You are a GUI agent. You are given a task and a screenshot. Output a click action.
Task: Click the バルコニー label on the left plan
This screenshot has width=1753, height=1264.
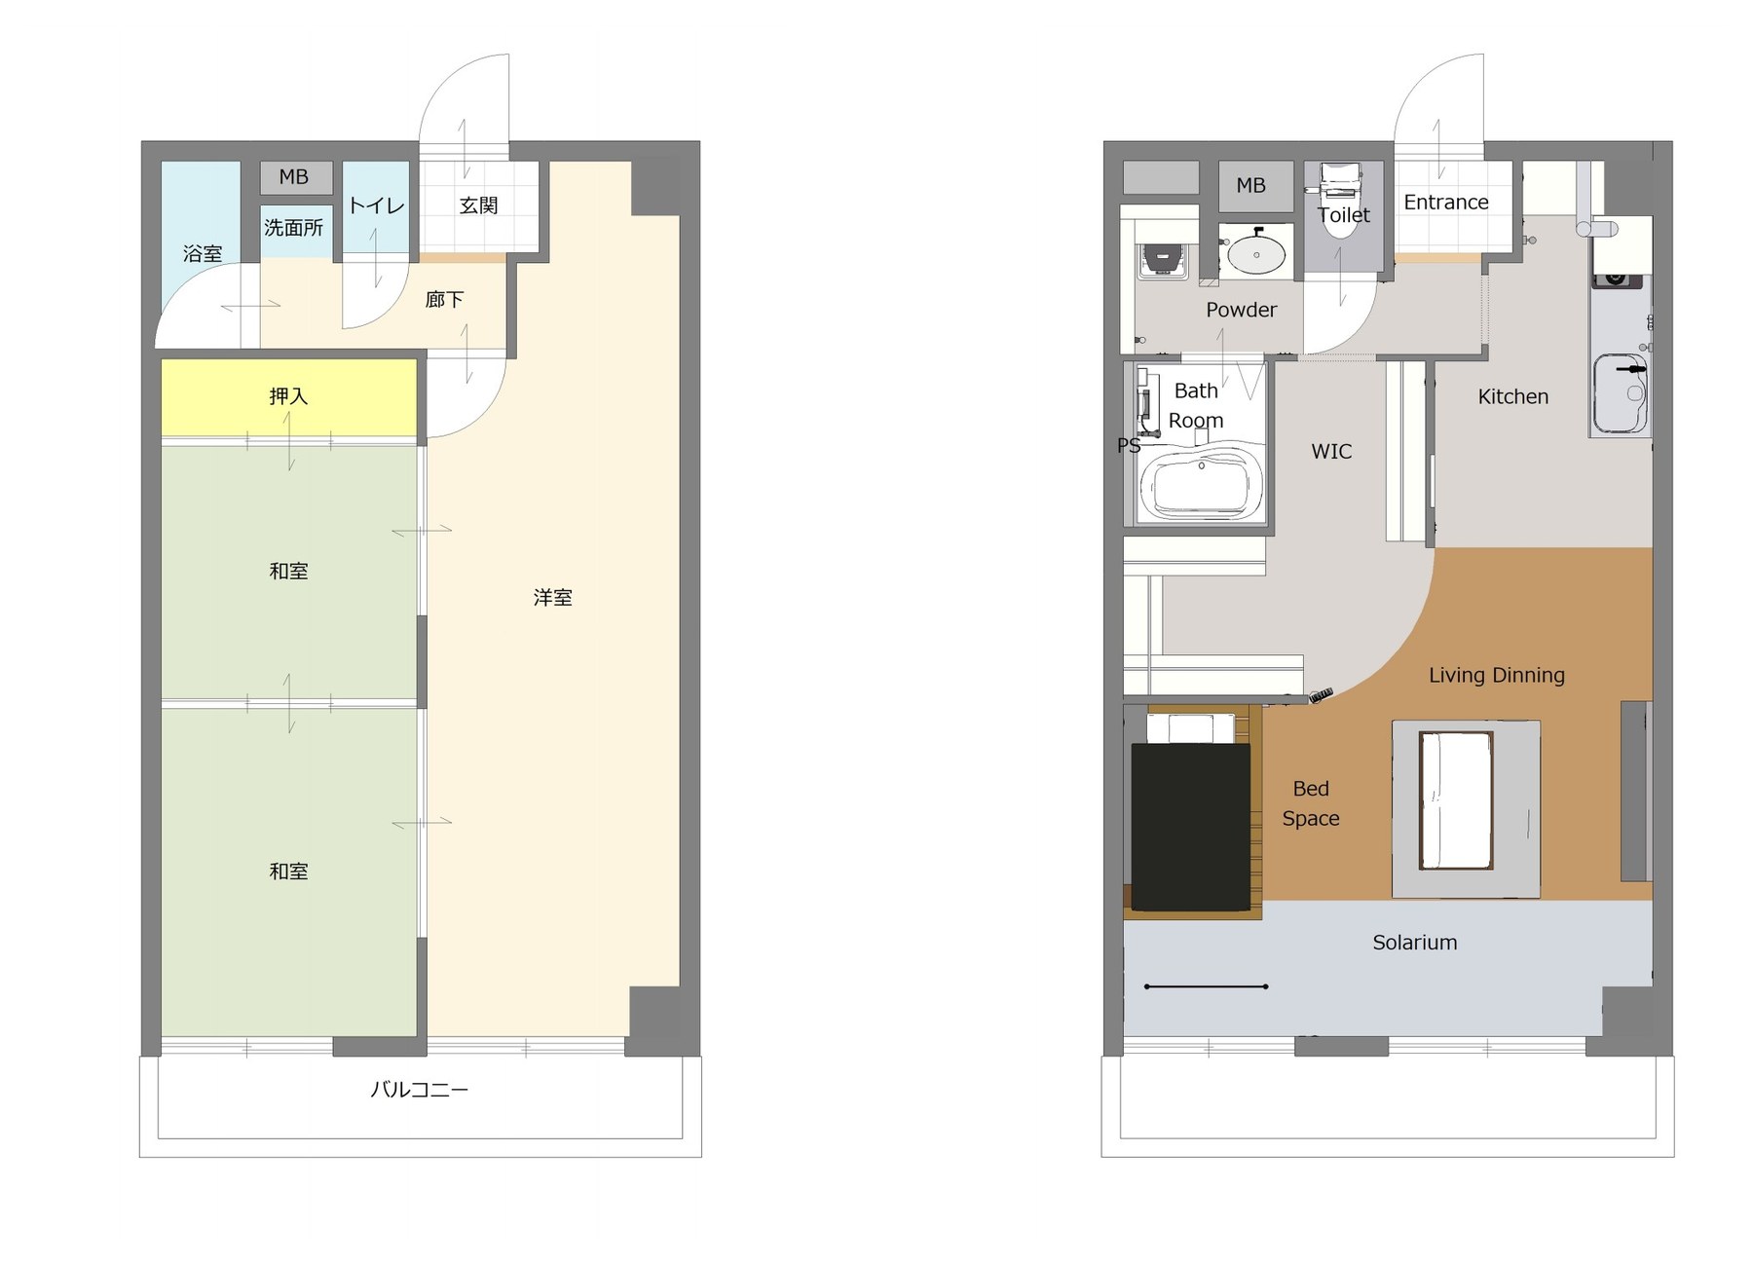click(x=419, y=1090)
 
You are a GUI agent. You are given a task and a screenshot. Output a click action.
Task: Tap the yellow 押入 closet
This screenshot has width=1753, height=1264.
click(x=289, y=397)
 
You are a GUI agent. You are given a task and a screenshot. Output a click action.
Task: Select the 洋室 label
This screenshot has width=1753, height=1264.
click(x=552, y=598)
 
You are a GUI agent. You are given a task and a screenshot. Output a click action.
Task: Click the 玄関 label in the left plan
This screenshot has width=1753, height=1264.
click(x=478, y=205)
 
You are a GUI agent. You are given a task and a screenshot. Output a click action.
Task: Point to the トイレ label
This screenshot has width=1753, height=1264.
click(x=376, y=205)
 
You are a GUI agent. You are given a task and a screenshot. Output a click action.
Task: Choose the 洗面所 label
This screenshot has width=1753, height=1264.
click(x=293, y=228)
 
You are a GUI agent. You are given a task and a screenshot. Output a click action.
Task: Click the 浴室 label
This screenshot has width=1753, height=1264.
click(x=203, y=254)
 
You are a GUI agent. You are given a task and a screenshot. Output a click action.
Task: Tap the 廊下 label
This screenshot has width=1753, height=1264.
click(x=444, y=300)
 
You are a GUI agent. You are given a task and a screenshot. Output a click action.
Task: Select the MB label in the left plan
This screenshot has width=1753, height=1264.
click(x=293, y=177)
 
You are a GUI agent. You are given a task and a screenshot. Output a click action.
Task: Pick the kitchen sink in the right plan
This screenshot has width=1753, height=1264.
click(x=1621, y=393)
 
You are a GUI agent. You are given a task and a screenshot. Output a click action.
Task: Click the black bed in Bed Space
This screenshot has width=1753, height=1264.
click(x=1190, y=827)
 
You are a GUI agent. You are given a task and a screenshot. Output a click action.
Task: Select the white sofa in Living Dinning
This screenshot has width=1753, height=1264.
click(x=1456, y=800)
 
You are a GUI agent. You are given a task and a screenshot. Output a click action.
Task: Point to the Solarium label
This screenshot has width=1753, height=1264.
click(x=1414, y=943)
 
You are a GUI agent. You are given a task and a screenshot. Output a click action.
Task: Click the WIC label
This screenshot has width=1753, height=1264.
click(x=1331, y=452)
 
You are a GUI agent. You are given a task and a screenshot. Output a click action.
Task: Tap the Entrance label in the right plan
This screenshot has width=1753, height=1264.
click(x=1445, y=203)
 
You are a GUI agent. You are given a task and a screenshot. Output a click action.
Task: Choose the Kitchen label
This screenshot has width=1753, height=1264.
click(x=1512, y=396)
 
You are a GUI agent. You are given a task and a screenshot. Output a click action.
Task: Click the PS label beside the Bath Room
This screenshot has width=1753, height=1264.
click(x=1129, y=446)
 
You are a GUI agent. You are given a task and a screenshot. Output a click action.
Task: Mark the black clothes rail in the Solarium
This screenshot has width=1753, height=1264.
click(x=1206, y=986)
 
